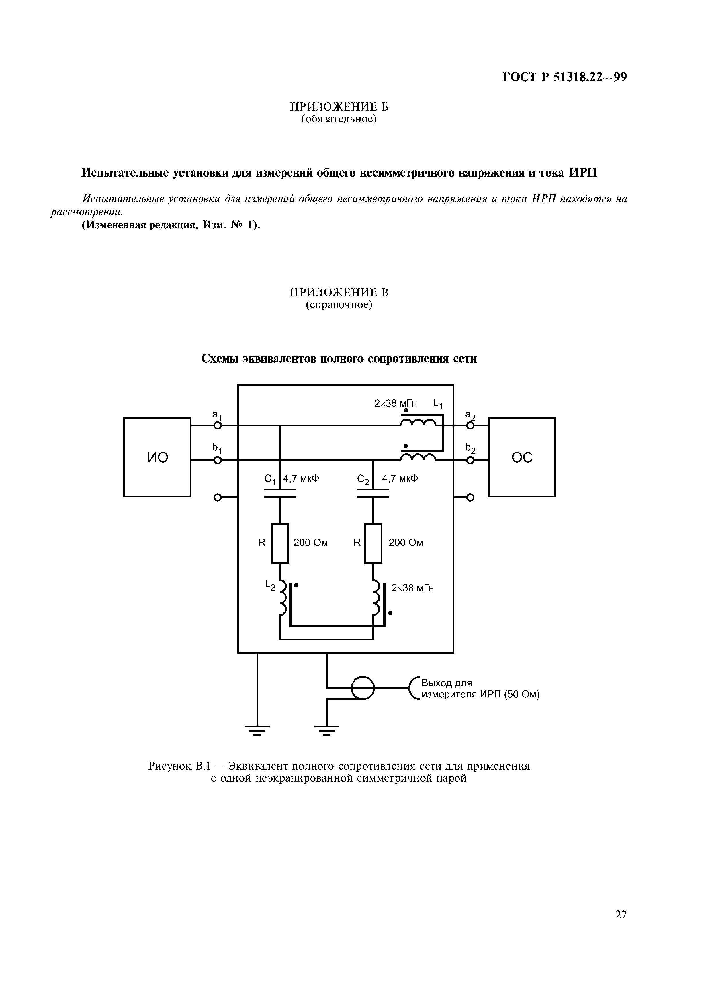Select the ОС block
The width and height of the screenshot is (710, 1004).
(522, 457)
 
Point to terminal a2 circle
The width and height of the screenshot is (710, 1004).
(470, 425)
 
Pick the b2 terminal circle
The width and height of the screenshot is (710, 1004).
(470, 460)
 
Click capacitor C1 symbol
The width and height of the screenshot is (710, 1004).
(280, 494)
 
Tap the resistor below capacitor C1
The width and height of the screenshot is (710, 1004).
(280, 543)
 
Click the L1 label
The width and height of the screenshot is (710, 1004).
(438, 404)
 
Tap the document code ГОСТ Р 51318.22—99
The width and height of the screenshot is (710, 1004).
(565, 77)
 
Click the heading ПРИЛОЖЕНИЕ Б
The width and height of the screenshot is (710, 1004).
(339, 107)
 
